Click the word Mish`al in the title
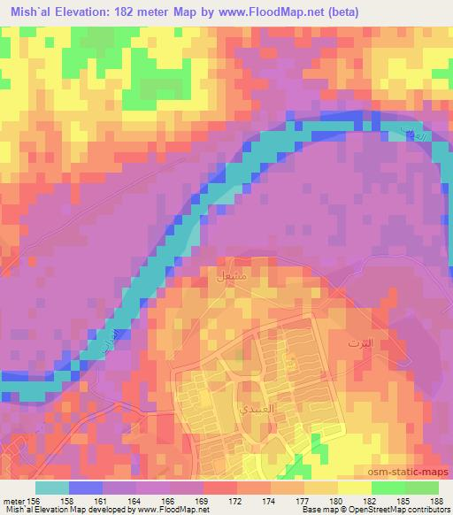pyautogui.click(x=26, y=12)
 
